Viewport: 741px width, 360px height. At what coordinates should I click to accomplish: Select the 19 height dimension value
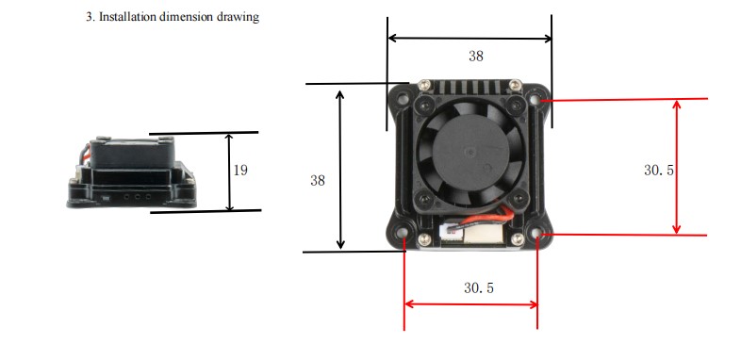point(240,170)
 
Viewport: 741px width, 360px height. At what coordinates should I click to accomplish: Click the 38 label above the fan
point(476,57)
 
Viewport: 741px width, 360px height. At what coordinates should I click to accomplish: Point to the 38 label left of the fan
point(318,180)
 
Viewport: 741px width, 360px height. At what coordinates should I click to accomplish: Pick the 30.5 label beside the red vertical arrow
point(659,170)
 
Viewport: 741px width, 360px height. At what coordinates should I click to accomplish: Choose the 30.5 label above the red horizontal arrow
point(479,287)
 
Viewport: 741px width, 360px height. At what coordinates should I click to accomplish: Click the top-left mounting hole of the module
point(403,99)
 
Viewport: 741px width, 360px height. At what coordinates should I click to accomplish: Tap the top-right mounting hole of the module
point(535,100)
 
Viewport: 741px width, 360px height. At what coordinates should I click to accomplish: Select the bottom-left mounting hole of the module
point(403,234)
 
